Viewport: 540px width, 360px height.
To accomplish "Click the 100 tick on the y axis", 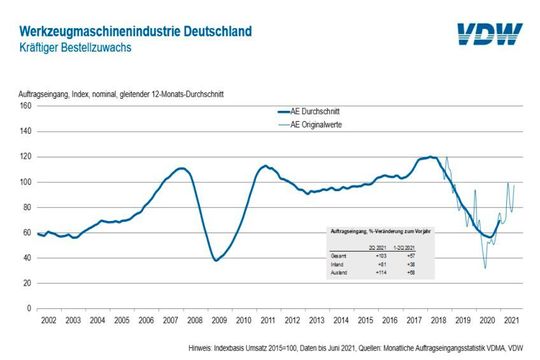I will click(x=26, y=182).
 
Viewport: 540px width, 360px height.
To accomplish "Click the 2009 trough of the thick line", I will click(x=216, y=260).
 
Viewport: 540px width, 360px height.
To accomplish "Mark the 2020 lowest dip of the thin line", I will click(x=486, y=268).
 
